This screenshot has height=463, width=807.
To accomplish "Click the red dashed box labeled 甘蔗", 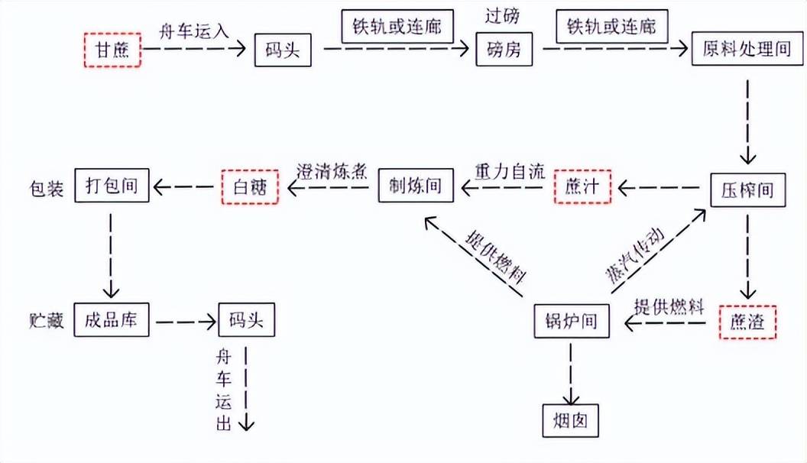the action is [112, 50].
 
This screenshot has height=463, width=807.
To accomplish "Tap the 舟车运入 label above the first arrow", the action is [193, 31].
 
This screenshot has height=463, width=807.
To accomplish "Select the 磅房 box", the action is [504, 50].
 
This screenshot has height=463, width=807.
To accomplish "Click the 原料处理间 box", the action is [747, 49].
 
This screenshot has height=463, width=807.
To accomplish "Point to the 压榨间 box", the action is [748, 190].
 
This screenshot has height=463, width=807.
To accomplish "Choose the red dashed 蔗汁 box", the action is [582, 186].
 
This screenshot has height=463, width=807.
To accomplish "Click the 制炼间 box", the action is [416, 185].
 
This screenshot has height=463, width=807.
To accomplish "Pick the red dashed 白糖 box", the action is [250, 186].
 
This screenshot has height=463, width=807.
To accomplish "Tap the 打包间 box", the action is [112, 185].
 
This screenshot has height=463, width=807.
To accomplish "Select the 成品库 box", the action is [111, 320].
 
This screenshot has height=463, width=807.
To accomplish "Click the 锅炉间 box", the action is [572, 321].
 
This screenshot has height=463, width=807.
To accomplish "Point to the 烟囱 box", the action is [571, 421].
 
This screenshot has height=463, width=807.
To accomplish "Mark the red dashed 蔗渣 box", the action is [747, 322].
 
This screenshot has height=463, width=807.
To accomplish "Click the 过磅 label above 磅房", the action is [502, 16].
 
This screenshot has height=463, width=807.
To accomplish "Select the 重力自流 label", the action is [510, 172].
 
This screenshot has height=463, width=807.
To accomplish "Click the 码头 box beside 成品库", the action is [247, 320].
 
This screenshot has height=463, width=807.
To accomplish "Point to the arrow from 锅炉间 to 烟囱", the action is [571, 374].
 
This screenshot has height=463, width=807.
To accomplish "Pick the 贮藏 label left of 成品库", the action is [47, 320].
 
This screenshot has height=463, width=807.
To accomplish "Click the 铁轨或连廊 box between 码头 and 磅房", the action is [397, 26].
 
